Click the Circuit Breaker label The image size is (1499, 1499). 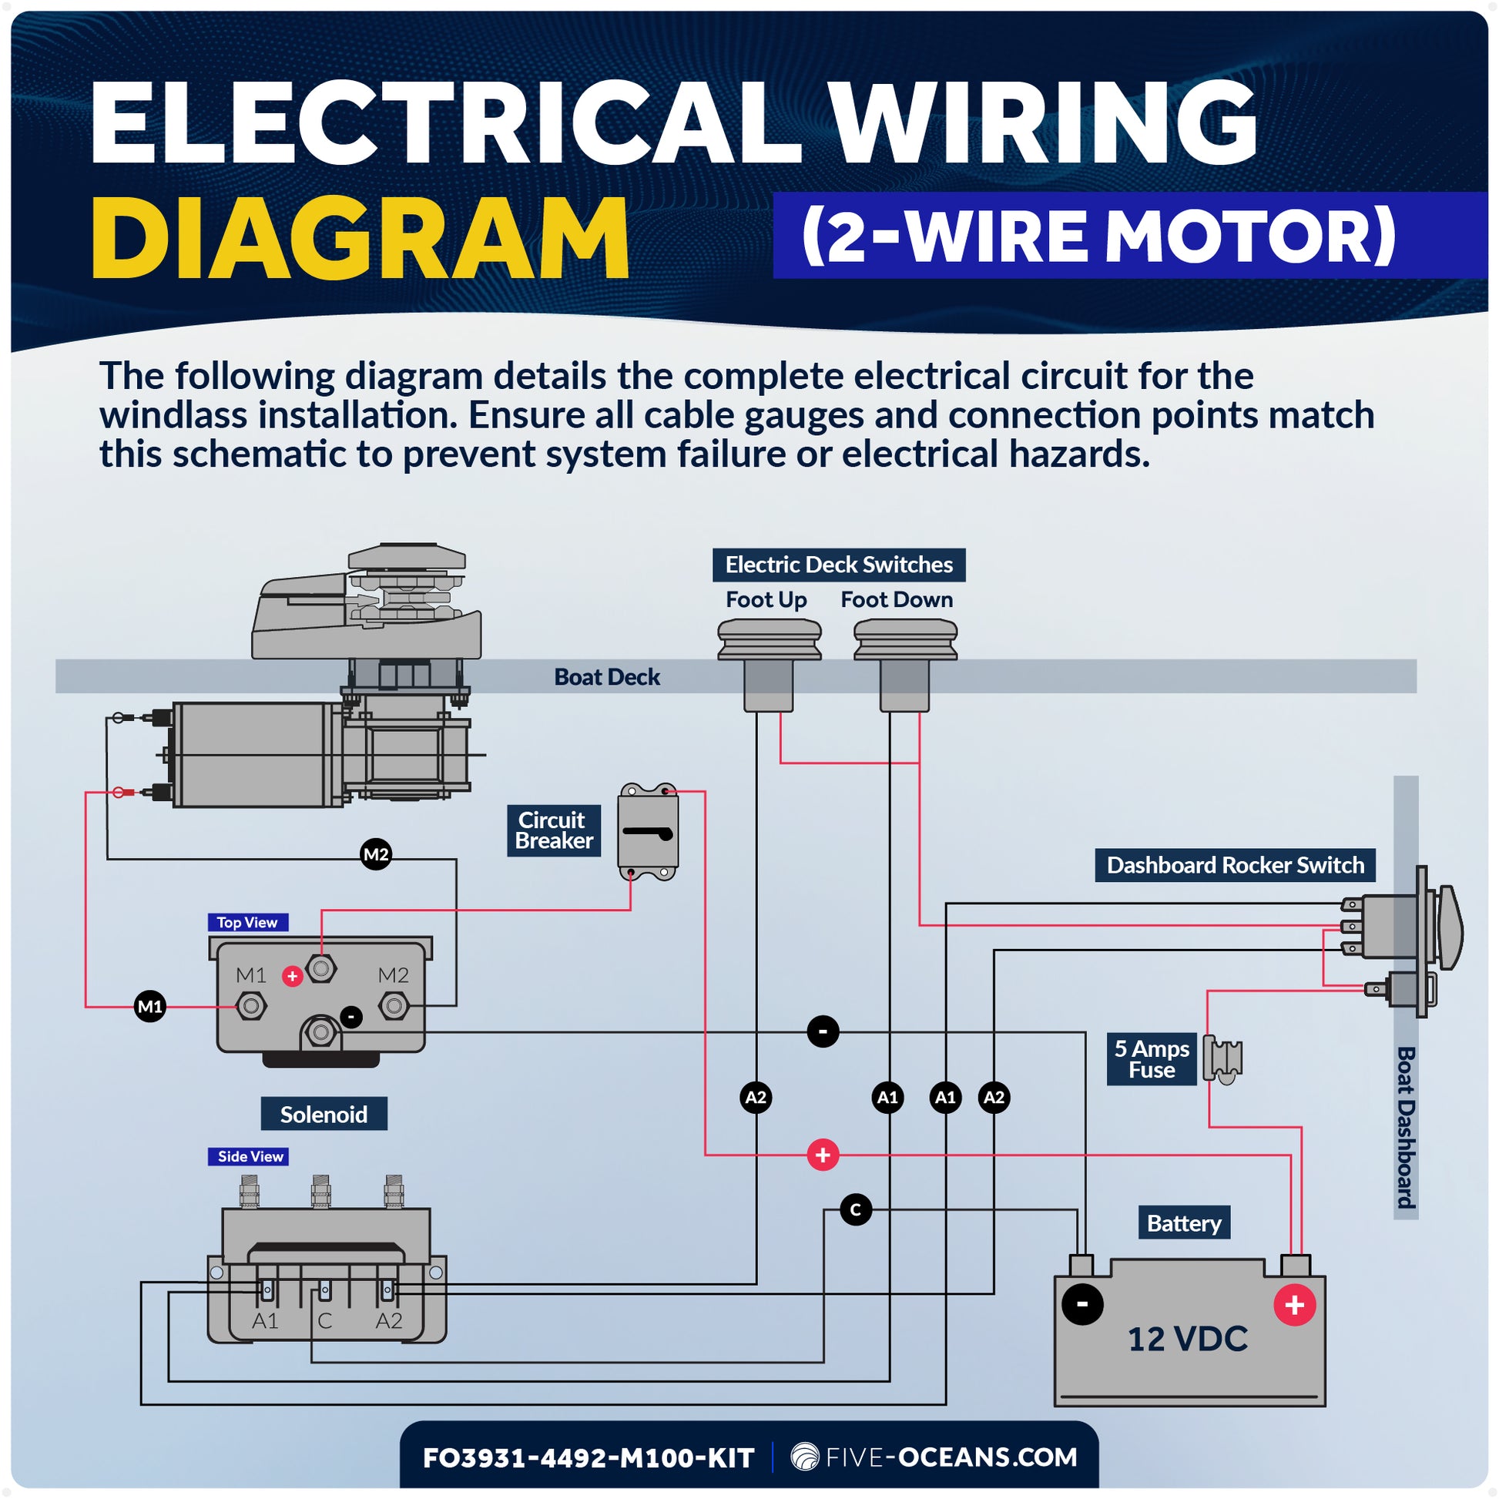[x=553, y=830]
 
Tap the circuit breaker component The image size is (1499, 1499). [x=648, y=832]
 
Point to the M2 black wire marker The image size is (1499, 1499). [x=377, y=854]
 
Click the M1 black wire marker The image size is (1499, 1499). [x=149, y=1007]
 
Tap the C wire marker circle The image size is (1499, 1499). [x=856, y=1209]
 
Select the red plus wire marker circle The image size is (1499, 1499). [x=823, y=1155]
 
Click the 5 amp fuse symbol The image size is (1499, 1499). [x=1222, y=1058]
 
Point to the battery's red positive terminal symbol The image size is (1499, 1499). [x=1294, y=1305]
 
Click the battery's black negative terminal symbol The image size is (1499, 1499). [x=1082, y=1304]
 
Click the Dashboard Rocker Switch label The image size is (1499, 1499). [x=1235, y=865]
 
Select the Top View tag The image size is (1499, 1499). [x=247, y=923]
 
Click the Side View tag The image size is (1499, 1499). [x=250, y=1156]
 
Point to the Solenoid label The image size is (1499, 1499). [x=324, y=1114]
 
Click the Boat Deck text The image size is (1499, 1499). [x=607, y=676]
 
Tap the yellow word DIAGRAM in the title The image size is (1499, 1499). [x=360, y=238]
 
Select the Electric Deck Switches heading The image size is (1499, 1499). [x=839, y=564]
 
